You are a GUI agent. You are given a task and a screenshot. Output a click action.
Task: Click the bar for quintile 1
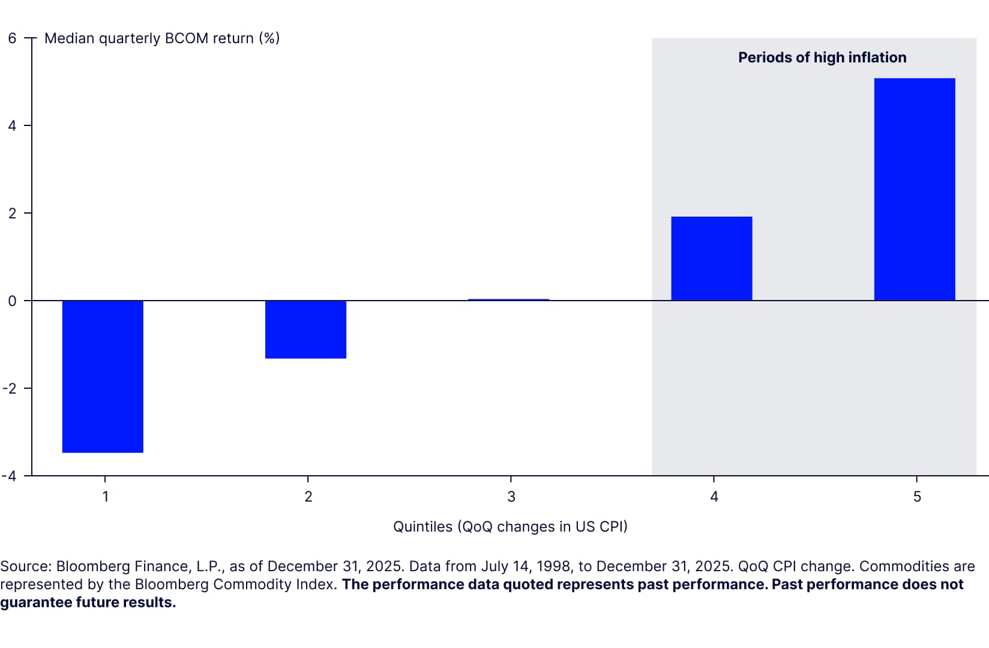coord(103,376)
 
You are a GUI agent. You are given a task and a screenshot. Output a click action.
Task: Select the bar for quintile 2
coord(305,329)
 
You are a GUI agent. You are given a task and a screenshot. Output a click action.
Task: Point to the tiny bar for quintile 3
coord(508,299)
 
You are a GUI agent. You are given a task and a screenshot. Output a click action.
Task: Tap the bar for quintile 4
coord(711,259)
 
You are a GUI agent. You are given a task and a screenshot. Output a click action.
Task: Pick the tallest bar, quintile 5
coord(914,189)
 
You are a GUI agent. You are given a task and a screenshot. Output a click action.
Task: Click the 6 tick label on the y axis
coord(12,38)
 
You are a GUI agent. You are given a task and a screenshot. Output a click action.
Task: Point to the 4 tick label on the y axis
coord(12,126)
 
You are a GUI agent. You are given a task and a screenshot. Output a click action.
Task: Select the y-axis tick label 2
coord(12,214)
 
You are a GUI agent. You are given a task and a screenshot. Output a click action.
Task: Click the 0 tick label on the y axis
coord(12,301)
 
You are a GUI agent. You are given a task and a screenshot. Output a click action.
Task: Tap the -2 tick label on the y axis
coord(10,389)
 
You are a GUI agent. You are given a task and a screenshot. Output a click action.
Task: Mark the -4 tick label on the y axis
coord(10,476)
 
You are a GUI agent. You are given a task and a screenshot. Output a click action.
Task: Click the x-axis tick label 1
coord(106,497)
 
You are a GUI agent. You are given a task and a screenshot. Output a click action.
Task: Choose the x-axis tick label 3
coord(511,497)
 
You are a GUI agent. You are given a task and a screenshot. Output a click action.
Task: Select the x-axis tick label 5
coord(917,497)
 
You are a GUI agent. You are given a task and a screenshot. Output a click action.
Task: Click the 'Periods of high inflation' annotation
coord(822,58)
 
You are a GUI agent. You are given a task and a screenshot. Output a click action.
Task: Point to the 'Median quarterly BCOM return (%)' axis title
coord(162,38)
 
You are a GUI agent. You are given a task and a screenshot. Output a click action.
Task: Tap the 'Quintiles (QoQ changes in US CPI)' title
coord(510,527)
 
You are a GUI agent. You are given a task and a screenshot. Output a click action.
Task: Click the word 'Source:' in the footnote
coord(26,566)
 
